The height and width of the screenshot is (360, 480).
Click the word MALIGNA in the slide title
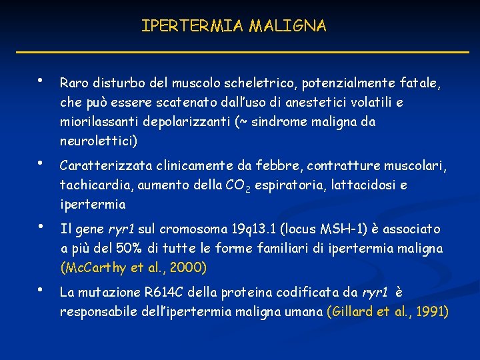[288, 26]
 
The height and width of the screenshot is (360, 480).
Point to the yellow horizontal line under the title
[240, 52]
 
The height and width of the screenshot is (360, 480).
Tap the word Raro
[73, 83]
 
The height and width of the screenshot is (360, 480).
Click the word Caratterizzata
[101, 165]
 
